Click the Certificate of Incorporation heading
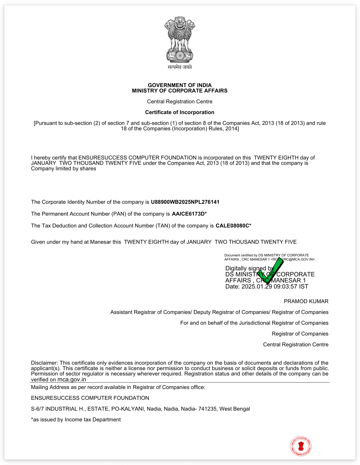[180, 112]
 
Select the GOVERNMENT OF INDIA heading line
[180, 85]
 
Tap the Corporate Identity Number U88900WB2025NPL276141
[185, 202]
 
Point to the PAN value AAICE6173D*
[189, 214]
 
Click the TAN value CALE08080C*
[233, 226]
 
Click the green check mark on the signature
[271, 271]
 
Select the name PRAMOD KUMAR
[306, 301]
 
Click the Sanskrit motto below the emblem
[180, 67]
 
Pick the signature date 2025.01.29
[257, 287]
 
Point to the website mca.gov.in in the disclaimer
[72, 380]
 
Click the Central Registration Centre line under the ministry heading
[180, 102]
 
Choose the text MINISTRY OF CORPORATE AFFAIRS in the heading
[180, 91]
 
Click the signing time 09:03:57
[285, 287]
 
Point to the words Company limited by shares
[64, 169]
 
